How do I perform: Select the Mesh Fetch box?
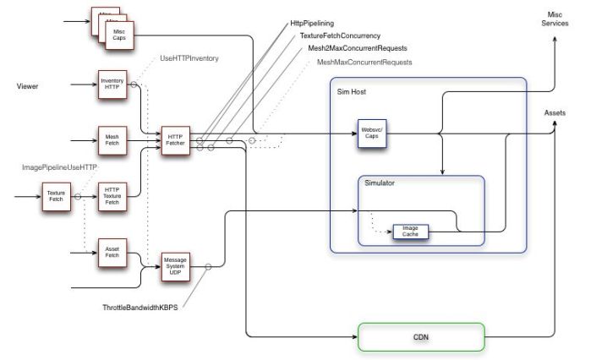[112, 139]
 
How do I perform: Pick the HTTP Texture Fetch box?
[112, 196]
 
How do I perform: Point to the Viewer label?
[30, 85]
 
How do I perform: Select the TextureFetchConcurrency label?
[340, 36]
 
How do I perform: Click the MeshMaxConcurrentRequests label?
[364, 62]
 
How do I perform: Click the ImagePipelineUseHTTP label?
[59, 167]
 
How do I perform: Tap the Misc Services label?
[555, 19]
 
